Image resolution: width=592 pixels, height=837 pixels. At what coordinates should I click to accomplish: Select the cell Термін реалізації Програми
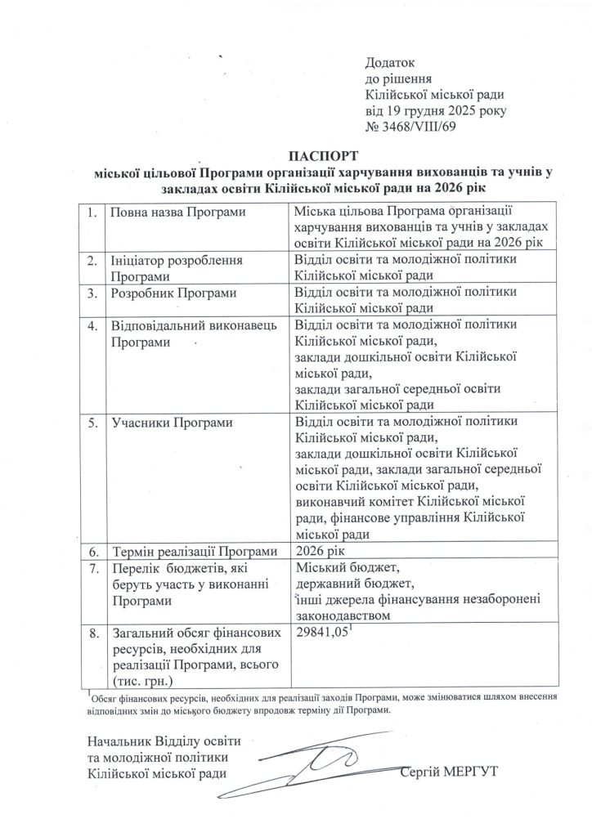click(x=195, y=550)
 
